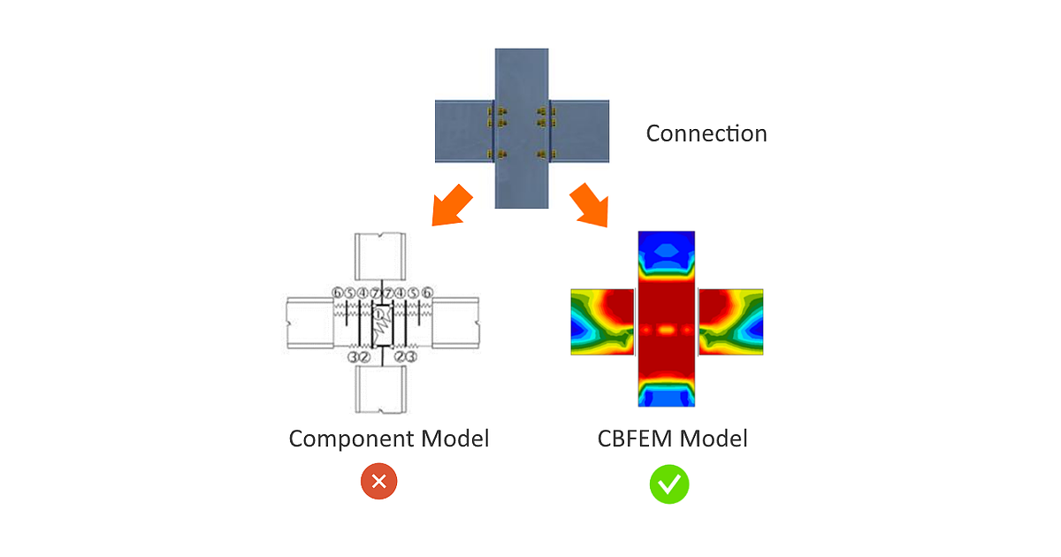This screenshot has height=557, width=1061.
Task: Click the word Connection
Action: [706, 134]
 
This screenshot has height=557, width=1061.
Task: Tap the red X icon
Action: [378, 482]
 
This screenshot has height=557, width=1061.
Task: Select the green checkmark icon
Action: [669, 484]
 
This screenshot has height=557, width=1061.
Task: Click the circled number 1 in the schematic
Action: [379, 313]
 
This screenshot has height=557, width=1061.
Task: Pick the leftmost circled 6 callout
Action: [337, 293]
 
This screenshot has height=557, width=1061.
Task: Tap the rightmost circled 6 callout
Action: [427, 293]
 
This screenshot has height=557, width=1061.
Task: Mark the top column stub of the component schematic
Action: [379, 256]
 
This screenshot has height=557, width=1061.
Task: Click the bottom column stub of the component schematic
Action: [379, 389]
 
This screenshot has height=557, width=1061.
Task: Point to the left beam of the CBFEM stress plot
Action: [602, 321]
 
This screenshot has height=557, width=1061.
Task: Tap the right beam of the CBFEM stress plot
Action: [730, 321]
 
